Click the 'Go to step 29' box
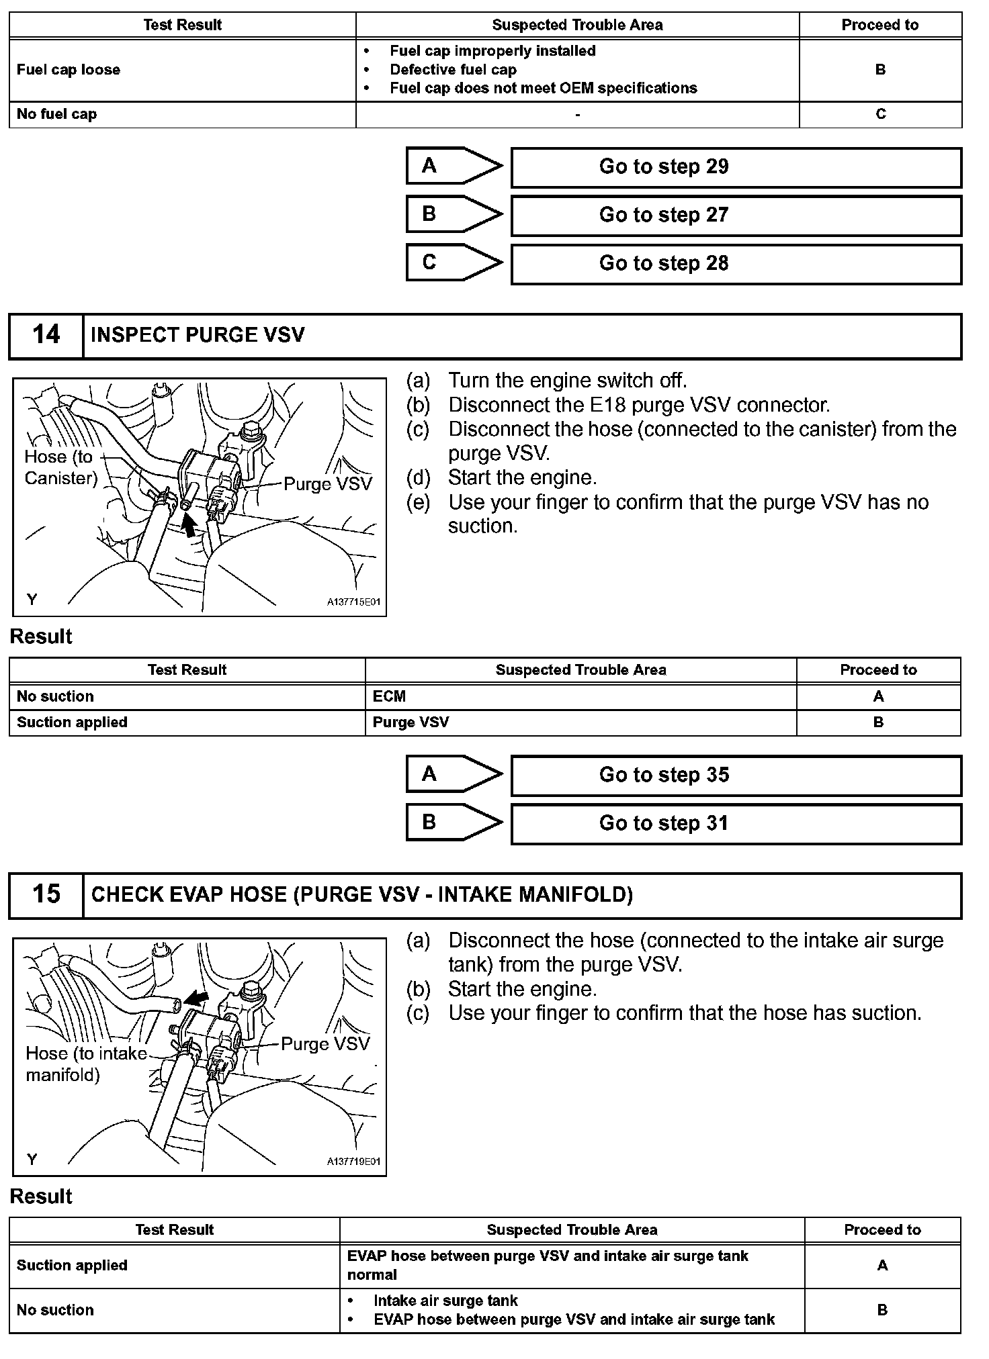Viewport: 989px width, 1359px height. pos(736,167)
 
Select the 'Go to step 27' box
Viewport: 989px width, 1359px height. pos(736,216)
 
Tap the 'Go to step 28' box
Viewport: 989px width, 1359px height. pos(736,264)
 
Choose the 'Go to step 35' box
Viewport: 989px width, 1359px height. pos(736,776)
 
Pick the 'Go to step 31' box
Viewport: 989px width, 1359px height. pos(736,824)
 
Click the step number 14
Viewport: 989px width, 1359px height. pos(46,335)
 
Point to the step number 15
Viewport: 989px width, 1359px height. pos(46,894)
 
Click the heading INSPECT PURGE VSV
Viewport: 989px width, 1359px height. pos(198,335)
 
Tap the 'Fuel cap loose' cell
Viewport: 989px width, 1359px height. pos(69,70)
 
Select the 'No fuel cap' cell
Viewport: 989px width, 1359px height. pos(56,114)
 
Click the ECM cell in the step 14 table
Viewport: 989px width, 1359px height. pos(389,696)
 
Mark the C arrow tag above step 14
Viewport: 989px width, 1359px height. pos(454,263)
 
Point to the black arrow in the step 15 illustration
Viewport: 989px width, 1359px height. pos(196,998)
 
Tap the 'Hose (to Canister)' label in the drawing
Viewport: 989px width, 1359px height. pos(60,467)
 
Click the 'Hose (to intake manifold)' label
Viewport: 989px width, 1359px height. pos(86,1064)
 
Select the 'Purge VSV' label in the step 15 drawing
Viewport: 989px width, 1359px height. pos(325,1044)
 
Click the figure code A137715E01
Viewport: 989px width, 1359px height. pos(353,602)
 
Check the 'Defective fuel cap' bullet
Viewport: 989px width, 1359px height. pos(453,70)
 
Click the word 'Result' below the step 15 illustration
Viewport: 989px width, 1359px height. pos(41,1197)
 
